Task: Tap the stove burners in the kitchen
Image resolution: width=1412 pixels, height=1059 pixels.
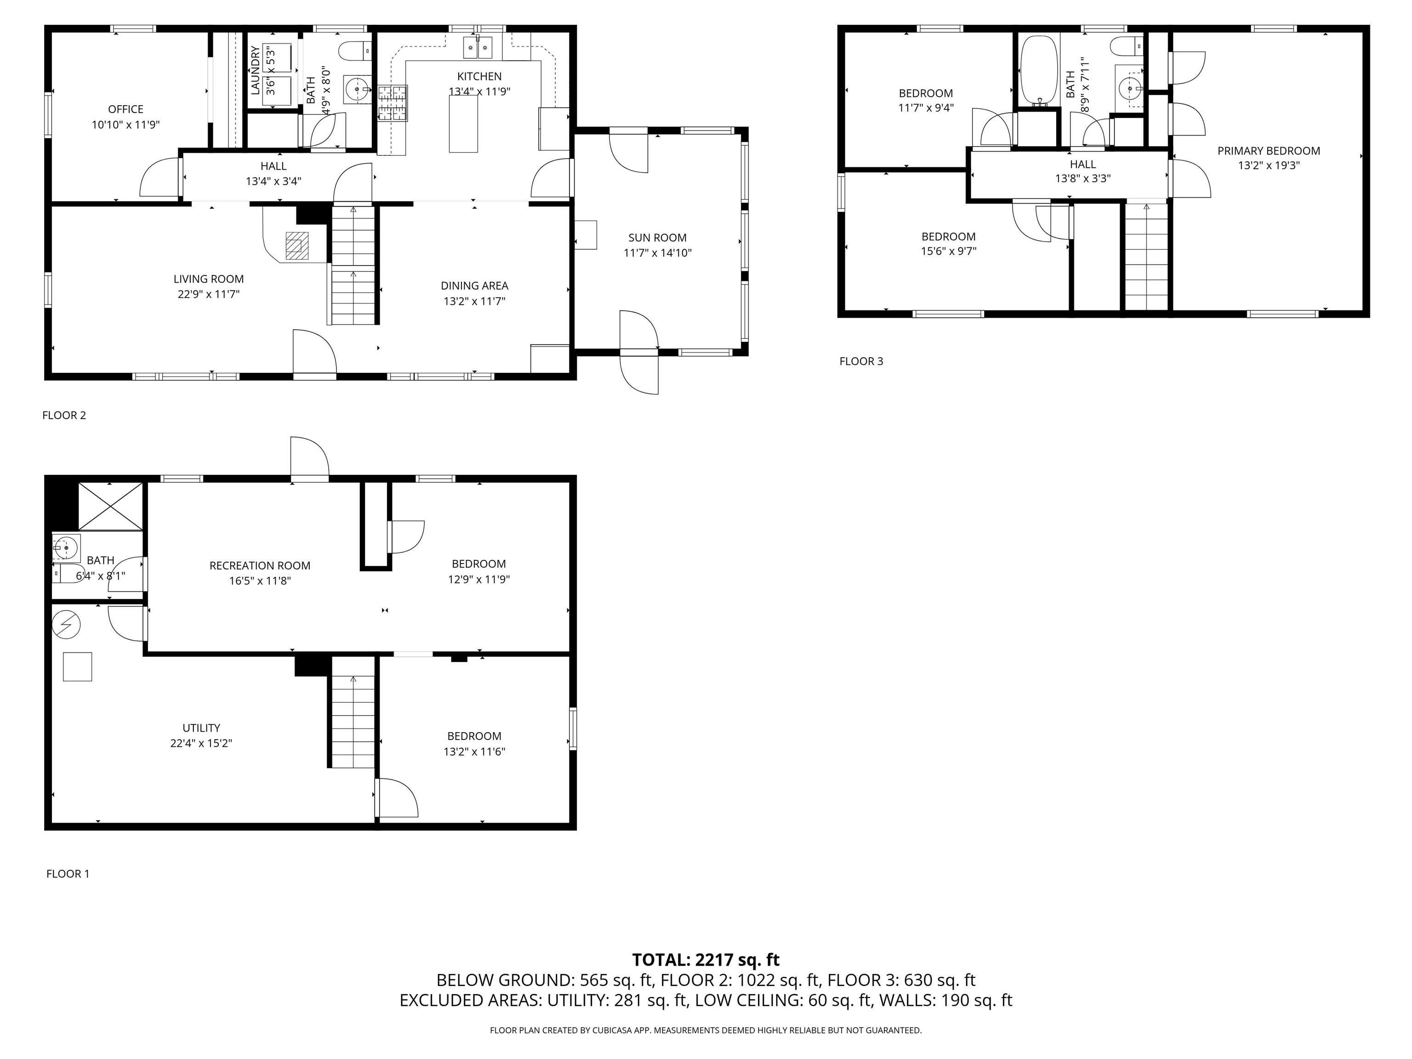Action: (393, 103)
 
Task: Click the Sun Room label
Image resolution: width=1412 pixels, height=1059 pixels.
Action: (657, 238)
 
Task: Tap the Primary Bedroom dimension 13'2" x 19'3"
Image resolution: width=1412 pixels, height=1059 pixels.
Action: (1269, 165)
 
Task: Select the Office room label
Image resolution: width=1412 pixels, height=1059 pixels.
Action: (126, 109)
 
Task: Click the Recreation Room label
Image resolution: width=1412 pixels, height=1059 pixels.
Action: (260, 565)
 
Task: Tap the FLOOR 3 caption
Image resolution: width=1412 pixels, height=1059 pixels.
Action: (860, 361)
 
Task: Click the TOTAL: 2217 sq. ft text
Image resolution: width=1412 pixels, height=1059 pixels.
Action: (706, 959)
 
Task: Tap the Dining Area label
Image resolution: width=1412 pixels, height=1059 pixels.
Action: (474, 285)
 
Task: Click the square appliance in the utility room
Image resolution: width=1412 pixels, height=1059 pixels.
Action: (77, 666)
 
